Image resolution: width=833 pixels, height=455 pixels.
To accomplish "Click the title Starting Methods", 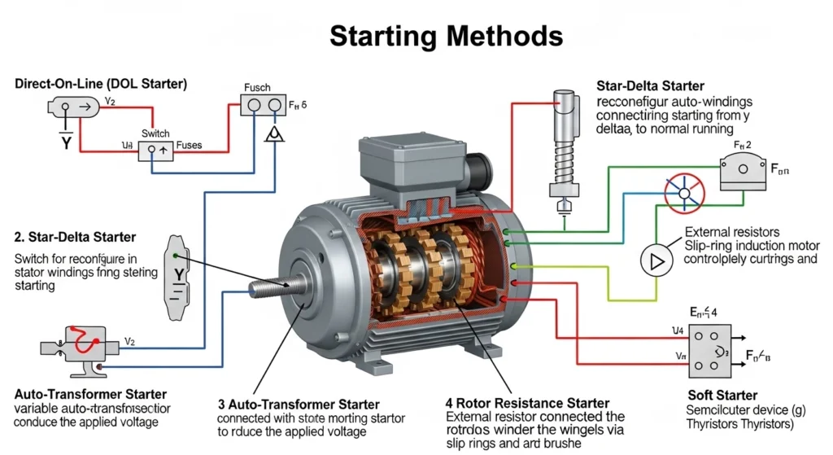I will [x=446, y=37].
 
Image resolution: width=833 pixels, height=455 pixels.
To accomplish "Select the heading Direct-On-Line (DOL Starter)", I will [x=101, y=84].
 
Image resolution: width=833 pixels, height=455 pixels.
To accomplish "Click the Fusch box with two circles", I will [x=261, y=106].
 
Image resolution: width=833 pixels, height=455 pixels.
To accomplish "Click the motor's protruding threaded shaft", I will [x=273, y=287].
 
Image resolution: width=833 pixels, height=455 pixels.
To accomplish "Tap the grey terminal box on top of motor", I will [x=406, y=164].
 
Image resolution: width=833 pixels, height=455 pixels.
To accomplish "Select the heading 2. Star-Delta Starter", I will [x=75, y=238].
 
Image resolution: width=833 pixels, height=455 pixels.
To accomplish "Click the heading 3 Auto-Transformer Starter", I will [x=299, y=404].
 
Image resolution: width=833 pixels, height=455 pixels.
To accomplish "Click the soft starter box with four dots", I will [x=709, y=351].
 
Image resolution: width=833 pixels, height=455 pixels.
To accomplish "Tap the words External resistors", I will [x=732, y=232].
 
